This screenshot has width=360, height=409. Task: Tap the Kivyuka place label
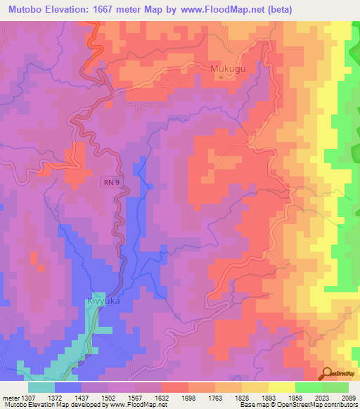(103, 300)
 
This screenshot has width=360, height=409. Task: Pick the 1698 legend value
(188, 397)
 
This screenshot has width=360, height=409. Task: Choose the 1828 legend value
(241, 397)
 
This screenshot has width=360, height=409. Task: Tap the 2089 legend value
(349, 397)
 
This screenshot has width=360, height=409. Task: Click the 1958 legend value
(295, 397)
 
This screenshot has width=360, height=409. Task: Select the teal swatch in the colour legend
(41, 387)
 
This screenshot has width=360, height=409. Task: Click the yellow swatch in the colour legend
(281, 387)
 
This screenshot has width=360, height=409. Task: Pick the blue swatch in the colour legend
(68, 387)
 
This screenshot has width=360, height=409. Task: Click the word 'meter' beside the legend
(10, 397)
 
